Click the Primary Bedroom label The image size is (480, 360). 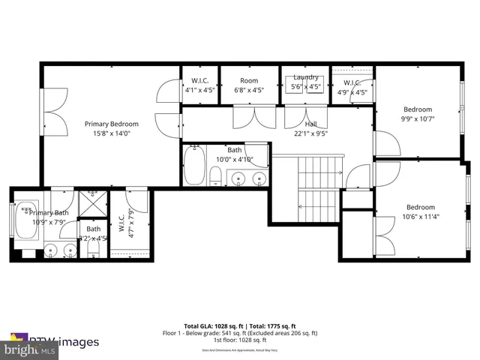(x=111, y=124)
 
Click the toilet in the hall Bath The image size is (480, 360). (x=215, y=176)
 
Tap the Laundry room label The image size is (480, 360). (x=305, y=77)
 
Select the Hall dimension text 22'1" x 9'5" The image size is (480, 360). (x=311, y=135)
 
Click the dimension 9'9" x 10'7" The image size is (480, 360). (x=417, y=118)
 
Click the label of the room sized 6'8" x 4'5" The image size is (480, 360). (x=249, y=80)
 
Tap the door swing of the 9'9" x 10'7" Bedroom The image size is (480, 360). (x=382, y=144)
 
